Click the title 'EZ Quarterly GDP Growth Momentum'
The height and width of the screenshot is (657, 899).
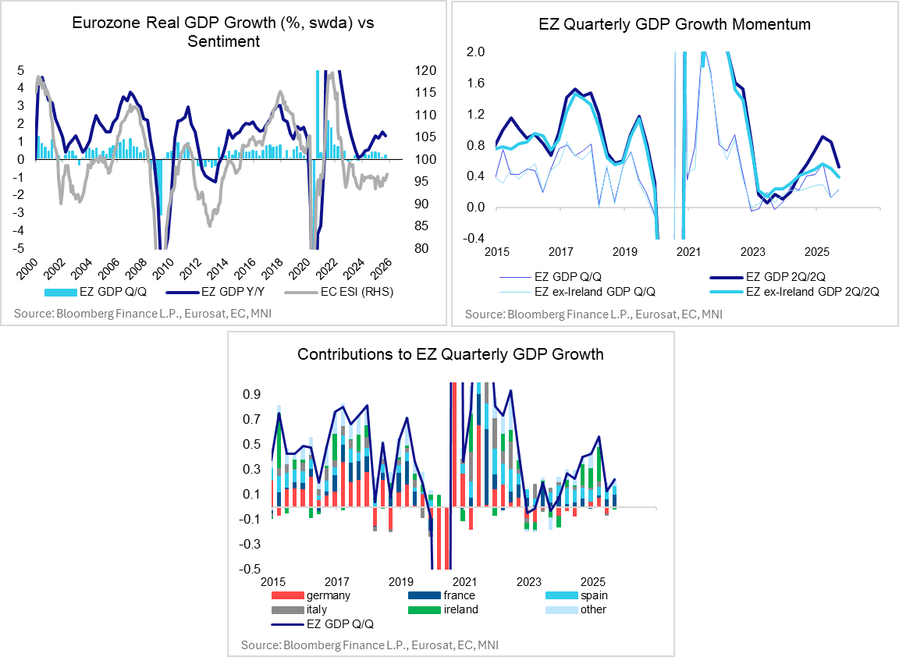(x=674, y=24)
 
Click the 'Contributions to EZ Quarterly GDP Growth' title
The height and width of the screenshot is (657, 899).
(x=450, y=354)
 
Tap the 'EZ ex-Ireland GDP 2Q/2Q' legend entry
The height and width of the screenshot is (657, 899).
(x=802, y=291)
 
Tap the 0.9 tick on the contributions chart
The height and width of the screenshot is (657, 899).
(x=251, y=395)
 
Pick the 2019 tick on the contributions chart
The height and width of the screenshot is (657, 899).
(x=400, y=582)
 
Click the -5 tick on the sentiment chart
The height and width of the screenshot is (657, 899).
(x=19, y=248)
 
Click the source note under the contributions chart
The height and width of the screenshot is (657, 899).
(x=370, y=645)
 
